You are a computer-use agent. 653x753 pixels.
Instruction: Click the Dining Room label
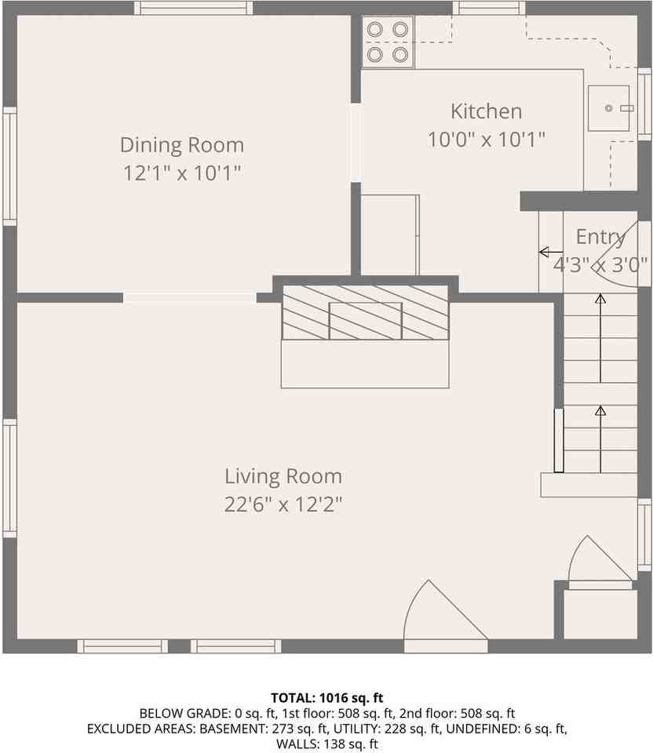(181, 145)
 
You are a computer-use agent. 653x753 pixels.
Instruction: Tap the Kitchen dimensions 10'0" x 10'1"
(486, 140)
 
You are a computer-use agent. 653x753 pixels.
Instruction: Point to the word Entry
(600, 237)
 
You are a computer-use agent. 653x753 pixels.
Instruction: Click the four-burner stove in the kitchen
(388, 42)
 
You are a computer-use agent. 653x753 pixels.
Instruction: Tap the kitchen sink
(609, 108)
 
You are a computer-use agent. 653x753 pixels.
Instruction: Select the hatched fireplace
(365, 312)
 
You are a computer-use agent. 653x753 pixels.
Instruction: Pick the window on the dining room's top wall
(193, 8)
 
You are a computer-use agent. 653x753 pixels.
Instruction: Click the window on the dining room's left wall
(9, 166)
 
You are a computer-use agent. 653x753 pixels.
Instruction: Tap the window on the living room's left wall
(9, 478)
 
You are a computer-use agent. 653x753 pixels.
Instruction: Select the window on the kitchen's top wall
(488, 8)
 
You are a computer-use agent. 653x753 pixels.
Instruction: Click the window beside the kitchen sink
(644, 104)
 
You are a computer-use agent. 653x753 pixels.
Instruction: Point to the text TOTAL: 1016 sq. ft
(326, 697)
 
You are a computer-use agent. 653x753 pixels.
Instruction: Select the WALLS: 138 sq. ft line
(326, 744)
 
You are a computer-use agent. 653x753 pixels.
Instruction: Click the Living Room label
(283, 476)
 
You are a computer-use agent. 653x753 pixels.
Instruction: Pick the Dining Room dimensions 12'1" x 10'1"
(181, 173)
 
